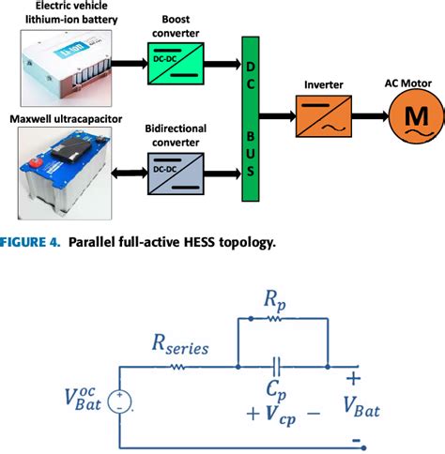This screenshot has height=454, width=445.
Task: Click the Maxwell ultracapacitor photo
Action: pyautogui.click(x=71, y=172)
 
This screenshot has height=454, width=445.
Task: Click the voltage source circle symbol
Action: pyautogui.click(x=120, y=402)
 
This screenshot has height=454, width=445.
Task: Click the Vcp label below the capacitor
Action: pyautogui.click(x=281, y=410)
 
